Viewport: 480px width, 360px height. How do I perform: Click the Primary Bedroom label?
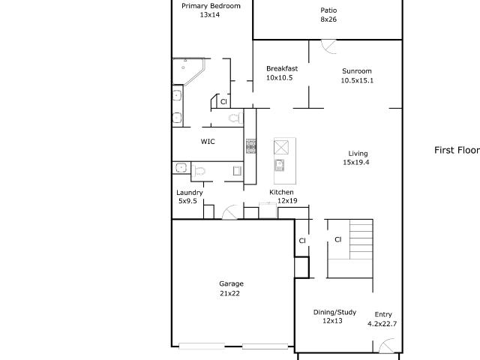(211, 6)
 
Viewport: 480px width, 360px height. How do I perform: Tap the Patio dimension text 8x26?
(328, 19)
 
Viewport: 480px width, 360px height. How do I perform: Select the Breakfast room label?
(282, 68)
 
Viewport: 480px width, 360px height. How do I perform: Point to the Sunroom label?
(357, 71)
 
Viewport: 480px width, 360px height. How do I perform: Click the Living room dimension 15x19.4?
(356, 162)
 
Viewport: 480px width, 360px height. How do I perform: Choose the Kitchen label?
(281, 192)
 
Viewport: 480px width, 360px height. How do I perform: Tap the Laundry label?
(190, 193)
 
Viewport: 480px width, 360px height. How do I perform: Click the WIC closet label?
(208, 142)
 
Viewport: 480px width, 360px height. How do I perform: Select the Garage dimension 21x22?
(229, 293)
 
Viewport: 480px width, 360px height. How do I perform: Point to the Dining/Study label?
(334, 312)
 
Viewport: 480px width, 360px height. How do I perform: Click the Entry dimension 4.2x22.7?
(382, 323)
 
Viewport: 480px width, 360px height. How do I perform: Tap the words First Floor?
(457, 150)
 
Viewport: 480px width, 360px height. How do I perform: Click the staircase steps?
(361, 239)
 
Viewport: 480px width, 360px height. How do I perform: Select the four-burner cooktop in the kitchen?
(251, 146)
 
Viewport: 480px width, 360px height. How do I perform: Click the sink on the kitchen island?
(280, 165)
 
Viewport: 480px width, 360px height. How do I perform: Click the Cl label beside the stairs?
(337, 239)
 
